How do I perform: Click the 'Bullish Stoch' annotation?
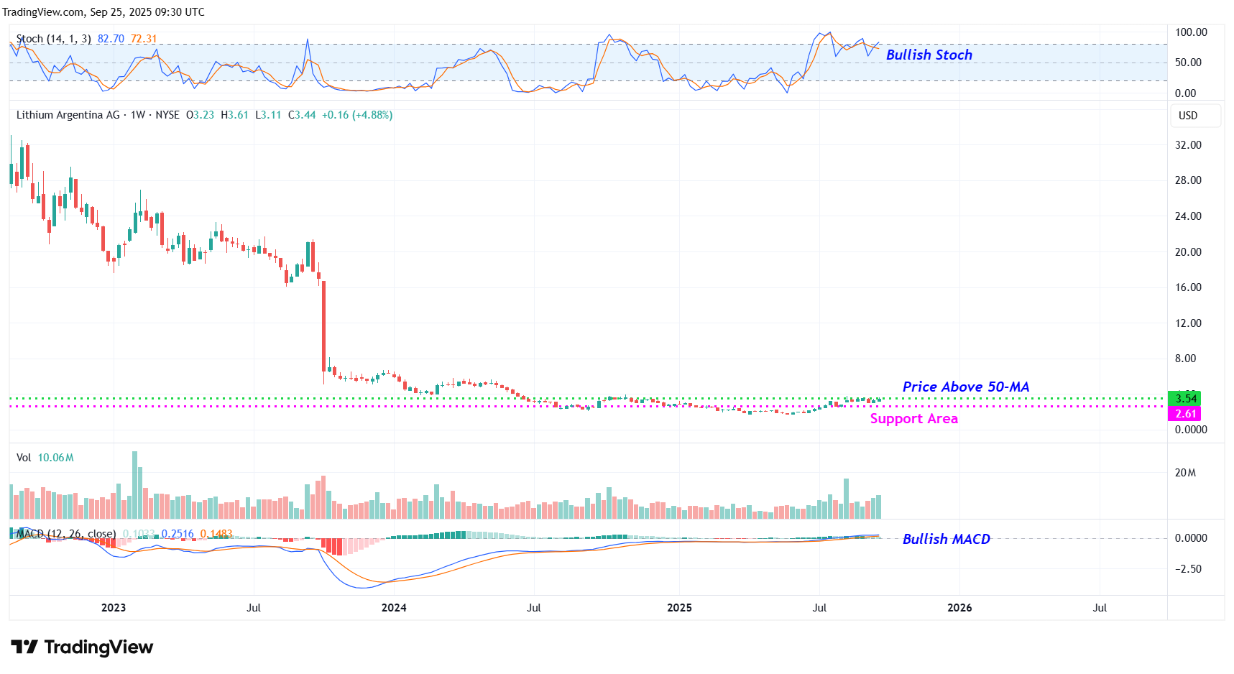click(929, 55)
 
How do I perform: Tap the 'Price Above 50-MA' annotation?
click(965, 387)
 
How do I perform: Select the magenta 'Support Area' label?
click(913, 418)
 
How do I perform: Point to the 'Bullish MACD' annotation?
click(946, 539)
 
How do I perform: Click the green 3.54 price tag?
click(1185, 399)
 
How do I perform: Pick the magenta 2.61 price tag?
click(1185, 414)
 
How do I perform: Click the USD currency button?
click(1188, 116)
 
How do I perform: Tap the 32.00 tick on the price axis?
click(1188, 145)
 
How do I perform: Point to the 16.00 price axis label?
click(1188, 287)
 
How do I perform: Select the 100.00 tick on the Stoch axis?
click(1191, 32)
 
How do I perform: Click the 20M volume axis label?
click(1185, 473)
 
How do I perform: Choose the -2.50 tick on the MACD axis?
click(1188, 569)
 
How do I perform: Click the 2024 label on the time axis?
click(394, 608)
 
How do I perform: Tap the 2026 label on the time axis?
click(959, 608)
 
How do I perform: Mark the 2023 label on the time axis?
click(114, 608)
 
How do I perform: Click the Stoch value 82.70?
click(111, 39)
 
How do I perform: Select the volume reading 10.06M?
click(55, 458)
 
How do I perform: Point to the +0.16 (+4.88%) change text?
click(356, 115)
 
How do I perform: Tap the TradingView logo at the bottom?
click(82, 647)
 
